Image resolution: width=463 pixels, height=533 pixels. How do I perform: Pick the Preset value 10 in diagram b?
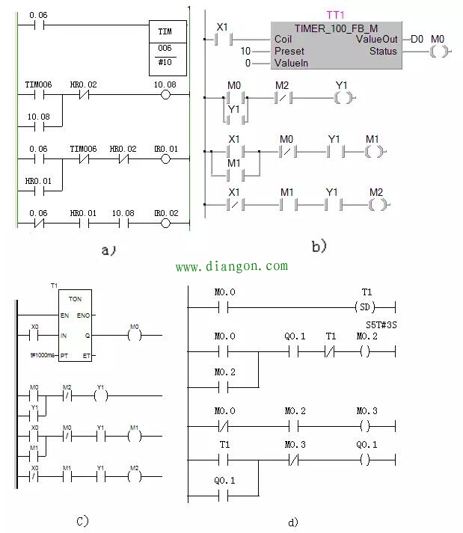click(245, 51)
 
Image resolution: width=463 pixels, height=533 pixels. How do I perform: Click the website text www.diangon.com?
click(231, 266)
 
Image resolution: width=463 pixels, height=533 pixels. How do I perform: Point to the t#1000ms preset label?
click(42, 356)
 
